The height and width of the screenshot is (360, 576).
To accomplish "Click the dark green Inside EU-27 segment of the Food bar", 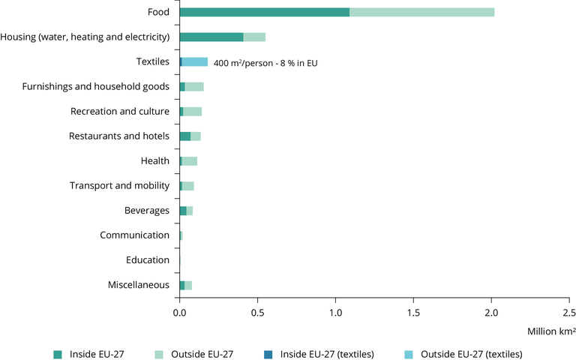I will pos(264,12).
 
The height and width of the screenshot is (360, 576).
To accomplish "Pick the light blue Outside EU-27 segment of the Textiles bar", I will pos(195,61).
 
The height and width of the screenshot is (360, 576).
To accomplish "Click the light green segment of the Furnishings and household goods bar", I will pos(194,86).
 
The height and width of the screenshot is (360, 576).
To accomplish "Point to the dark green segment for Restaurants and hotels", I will pos(185,136).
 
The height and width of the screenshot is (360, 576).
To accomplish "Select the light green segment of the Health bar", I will pos(190,160).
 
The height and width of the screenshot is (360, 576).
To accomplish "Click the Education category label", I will pos(148,259).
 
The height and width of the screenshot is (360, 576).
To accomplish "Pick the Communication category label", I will pos(135,235).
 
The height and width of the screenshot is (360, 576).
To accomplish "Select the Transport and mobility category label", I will pos(120,185).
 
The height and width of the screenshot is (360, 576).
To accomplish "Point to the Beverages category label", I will pos(147,210).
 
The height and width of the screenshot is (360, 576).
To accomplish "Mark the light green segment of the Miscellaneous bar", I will pos(188,284).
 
